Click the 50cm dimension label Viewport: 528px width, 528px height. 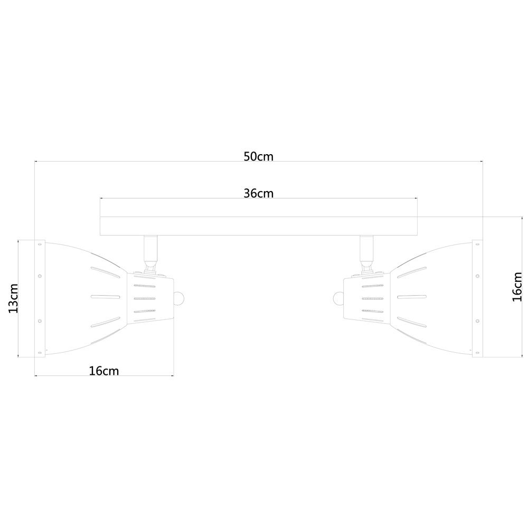pyautogui.click(x=258, y=157)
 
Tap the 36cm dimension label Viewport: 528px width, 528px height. pyautogui.click(x=258, y=194)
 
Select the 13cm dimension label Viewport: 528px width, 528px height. pyautogui.click(x=14, y=298)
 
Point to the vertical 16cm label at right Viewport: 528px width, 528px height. pyautogui.click(x=517, y=287)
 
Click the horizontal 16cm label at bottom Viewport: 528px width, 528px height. pyautogui.click(x=103, y=371)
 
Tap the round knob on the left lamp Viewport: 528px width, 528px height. pyautogui.click(x=178, y=298)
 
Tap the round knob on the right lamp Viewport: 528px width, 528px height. pyautogui.click(x=338, y=298)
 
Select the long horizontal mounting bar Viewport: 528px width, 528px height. pyautogui.click(x=259, y=226)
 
